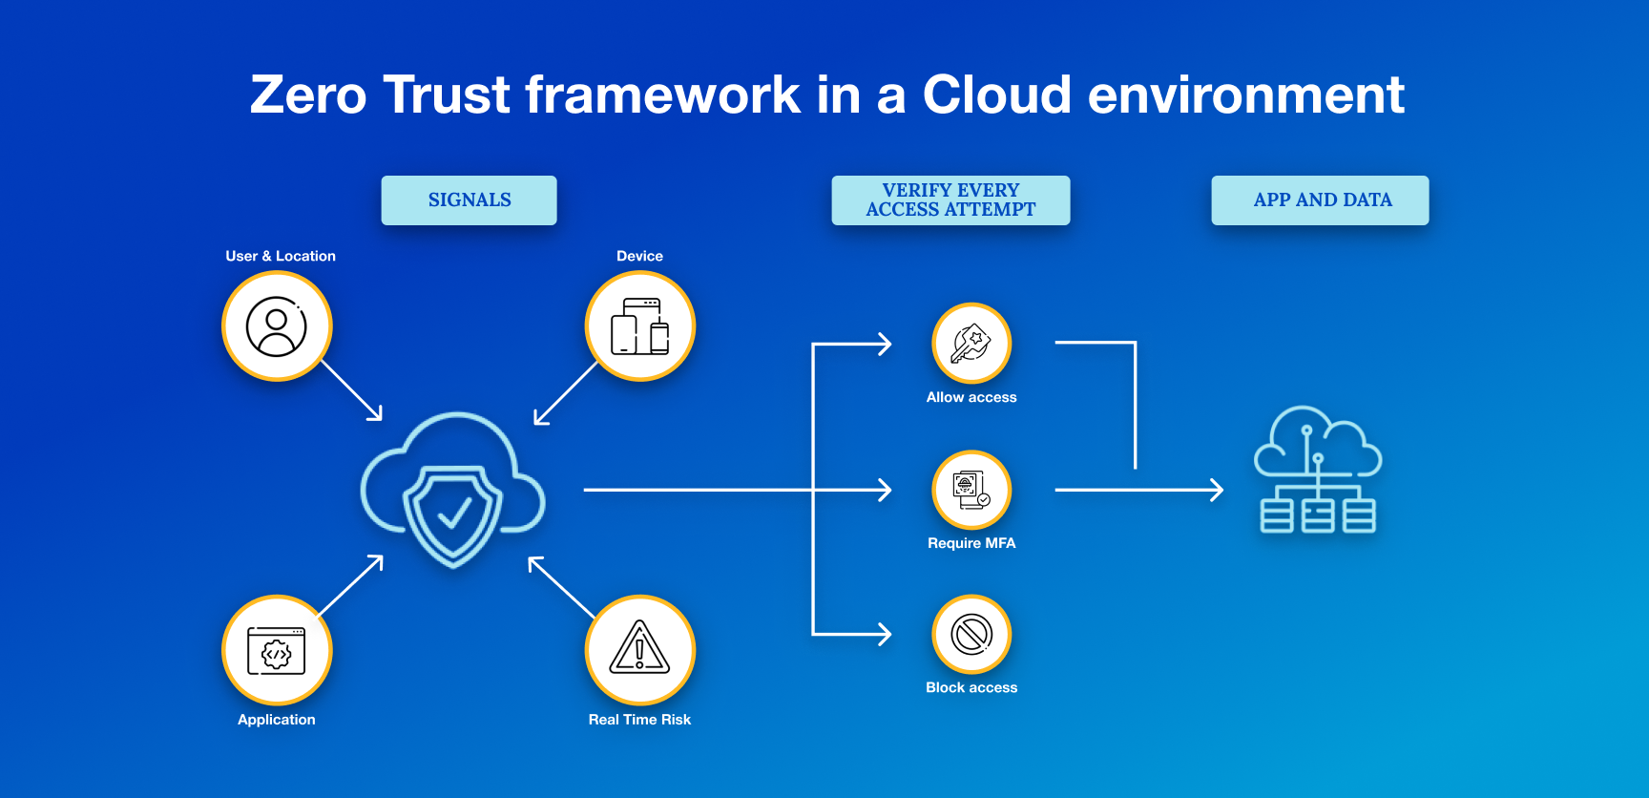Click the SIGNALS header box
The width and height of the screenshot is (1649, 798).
tap(469, 200)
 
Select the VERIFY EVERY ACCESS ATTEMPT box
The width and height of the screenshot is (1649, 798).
tap(950, 200)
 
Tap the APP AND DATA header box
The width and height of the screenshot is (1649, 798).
tap(1320, 200)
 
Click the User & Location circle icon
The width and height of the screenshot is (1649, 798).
tap(277, 326)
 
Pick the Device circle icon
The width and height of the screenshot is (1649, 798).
tap(640, 326)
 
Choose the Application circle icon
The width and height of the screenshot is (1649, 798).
tap(277, 651)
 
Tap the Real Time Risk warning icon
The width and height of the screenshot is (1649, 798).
tap(640, 649)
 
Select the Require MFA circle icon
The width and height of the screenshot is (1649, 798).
tap(971, 490)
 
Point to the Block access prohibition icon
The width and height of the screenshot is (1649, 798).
tap(971, 635)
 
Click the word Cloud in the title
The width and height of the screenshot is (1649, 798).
tap(996, 95)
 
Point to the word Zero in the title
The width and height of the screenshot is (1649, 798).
tap(308, 95)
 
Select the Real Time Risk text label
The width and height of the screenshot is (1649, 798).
tap(639, 720)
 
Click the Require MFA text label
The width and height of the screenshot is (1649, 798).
tap(971, 543)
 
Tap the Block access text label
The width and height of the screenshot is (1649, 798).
tap(971, 687)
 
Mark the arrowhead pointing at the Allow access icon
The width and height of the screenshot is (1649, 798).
tap(886, 344)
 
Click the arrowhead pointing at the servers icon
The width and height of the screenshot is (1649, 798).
tap(1218, 490)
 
